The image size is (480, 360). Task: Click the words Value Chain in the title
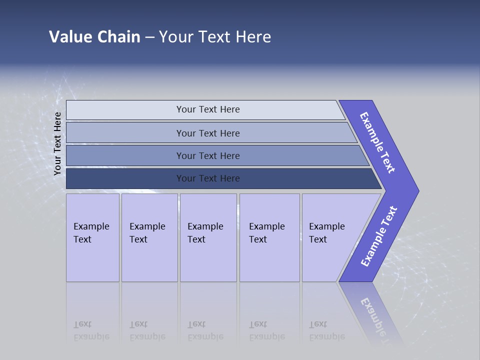click(94, 37)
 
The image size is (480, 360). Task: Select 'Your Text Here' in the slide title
click(215, 37)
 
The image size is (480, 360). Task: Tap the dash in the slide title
click(149, 37)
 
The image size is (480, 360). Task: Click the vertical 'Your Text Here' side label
click(57, 143)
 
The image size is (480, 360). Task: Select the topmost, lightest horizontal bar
click(207, 109)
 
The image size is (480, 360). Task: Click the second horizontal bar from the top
click(207, 133)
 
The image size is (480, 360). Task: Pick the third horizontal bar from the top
click(207, 155)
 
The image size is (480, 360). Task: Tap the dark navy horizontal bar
click(207, 178)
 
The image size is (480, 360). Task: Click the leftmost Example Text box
click(92, 237)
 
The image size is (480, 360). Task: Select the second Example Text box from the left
click(149, 237)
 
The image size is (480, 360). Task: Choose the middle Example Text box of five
click(208, 237)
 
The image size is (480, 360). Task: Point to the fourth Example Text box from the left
click(269, 237)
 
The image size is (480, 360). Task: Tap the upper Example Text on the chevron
click(377, 142)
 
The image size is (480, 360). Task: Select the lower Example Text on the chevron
click(379, 236)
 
